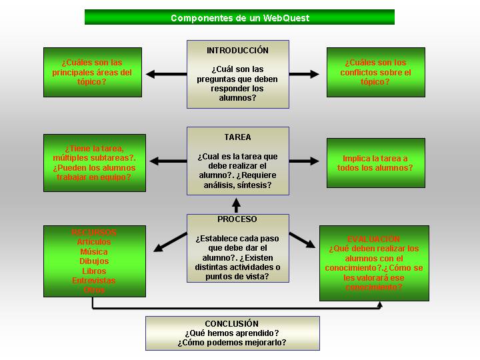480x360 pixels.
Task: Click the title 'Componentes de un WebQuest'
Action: [240, 18]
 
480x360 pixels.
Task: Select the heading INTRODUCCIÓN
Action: [237, 51]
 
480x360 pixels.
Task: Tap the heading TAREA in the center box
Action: [237, 137]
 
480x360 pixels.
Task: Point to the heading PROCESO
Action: [237, 219]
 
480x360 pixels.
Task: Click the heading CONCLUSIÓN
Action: [232, 324]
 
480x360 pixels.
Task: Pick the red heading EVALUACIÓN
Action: [373, 239]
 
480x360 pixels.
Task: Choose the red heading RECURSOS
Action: [94, 233]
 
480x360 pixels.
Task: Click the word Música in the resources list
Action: [94, 252]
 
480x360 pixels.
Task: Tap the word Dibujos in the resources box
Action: [94, 261]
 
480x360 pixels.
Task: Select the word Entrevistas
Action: [94, 281]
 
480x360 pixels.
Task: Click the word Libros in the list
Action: [94, 271]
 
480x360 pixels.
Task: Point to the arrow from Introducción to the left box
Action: [166, 74]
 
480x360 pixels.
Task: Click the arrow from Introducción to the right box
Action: [305, 74]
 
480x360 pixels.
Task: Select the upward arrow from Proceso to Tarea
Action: [235, 205]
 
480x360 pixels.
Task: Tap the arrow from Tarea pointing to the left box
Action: [167, 161]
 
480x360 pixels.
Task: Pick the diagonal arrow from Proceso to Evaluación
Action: [302, 240]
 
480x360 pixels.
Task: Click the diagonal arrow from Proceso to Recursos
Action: [169, 241]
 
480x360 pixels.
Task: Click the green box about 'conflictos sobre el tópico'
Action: [375, 72]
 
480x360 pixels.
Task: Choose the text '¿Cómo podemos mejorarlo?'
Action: [232, 343]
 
